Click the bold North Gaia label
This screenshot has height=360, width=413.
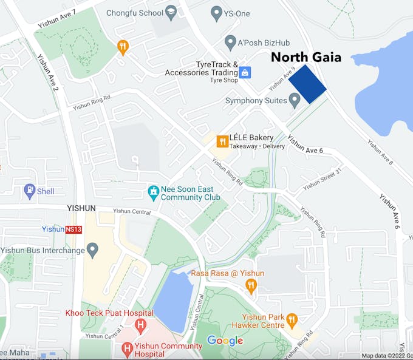click(305, 58)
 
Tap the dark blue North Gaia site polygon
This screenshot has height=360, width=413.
click(307, 85)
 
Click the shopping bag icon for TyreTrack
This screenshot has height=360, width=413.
click(245, 72)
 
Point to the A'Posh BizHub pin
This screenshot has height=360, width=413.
click(230, 42)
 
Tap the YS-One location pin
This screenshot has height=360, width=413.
click(216, 12)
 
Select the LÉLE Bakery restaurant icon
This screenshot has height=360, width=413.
click(222, 141)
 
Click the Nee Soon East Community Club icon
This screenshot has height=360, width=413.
click(154, 193)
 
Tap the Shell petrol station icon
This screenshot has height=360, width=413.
click(30, 191)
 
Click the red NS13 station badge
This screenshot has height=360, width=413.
click(73, 229)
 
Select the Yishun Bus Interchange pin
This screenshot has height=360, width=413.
click(92, 249)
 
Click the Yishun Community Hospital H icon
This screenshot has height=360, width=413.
click(126, 348)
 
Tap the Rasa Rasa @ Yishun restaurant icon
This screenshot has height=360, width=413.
click(251, 285)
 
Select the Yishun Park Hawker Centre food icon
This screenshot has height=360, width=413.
click(292, 320)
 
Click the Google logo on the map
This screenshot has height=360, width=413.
click(225, 341)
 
